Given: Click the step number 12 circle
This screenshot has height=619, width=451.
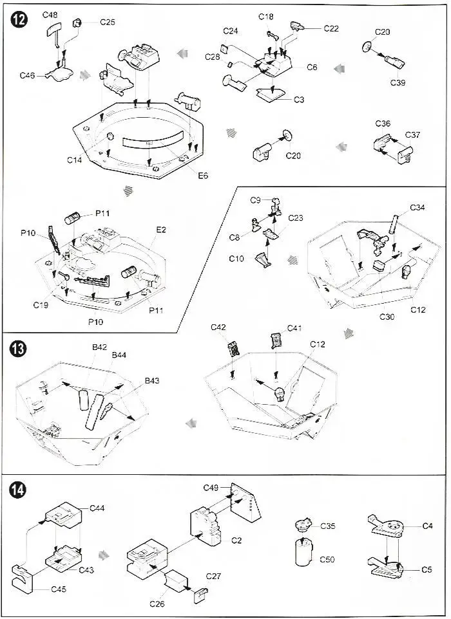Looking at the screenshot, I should coord(19,20).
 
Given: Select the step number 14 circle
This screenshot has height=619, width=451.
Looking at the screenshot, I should coord(19,490).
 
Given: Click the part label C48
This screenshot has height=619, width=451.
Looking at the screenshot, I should coord(50,15).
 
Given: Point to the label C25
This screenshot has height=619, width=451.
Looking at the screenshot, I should coord(108,22).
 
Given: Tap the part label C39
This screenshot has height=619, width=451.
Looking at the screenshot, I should coord(398,82).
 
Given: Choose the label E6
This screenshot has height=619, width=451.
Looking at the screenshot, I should coord(202,175).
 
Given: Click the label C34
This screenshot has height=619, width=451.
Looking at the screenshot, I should coord(417,208).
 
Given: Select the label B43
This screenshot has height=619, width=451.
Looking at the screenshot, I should coord(151,381).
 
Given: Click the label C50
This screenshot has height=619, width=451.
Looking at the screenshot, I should coord(328,560).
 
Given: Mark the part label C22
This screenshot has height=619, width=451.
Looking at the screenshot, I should coord(331,28).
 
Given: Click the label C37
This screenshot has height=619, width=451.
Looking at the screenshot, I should coord(412,134).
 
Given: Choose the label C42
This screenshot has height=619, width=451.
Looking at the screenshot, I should coord(218,328).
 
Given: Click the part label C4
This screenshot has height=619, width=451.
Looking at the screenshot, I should coord(428,526).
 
